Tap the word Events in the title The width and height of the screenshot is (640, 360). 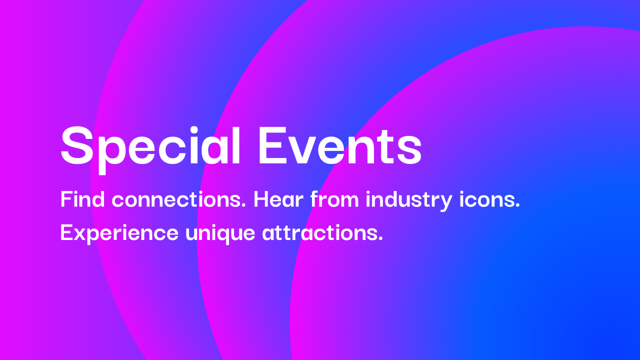(340, 145)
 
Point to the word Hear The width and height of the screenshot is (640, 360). (278, 200)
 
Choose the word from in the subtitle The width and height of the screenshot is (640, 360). (334, 200)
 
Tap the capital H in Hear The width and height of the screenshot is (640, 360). (262, 200)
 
